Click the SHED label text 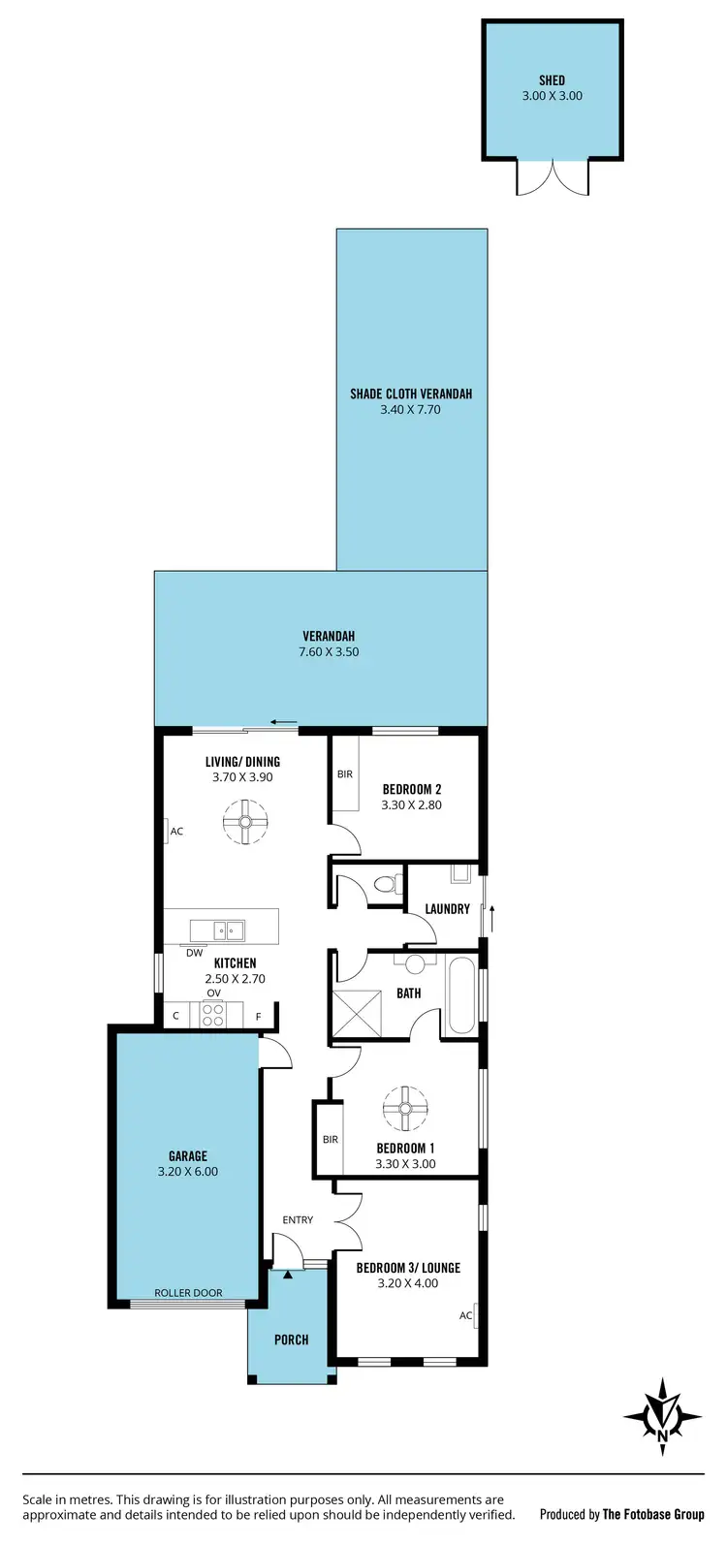point(552,80)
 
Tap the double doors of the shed point(553,175)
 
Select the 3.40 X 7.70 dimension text point(411,410)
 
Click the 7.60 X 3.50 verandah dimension point(329,652)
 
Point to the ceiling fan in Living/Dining point(244,821)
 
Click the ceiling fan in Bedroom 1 point(405,1108)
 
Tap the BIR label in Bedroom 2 point(345,774)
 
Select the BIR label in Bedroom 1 point(331,1139)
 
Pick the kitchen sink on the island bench point(230,930)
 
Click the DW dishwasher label point(195,953)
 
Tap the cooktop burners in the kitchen point(212,1015)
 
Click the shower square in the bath point(359,1014)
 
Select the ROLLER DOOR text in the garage point(188,1293)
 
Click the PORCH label point(291,1340)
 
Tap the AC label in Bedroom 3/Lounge point(465,1315)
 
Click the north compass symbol point(663,1416)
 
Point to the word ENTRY point(298,1219)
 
